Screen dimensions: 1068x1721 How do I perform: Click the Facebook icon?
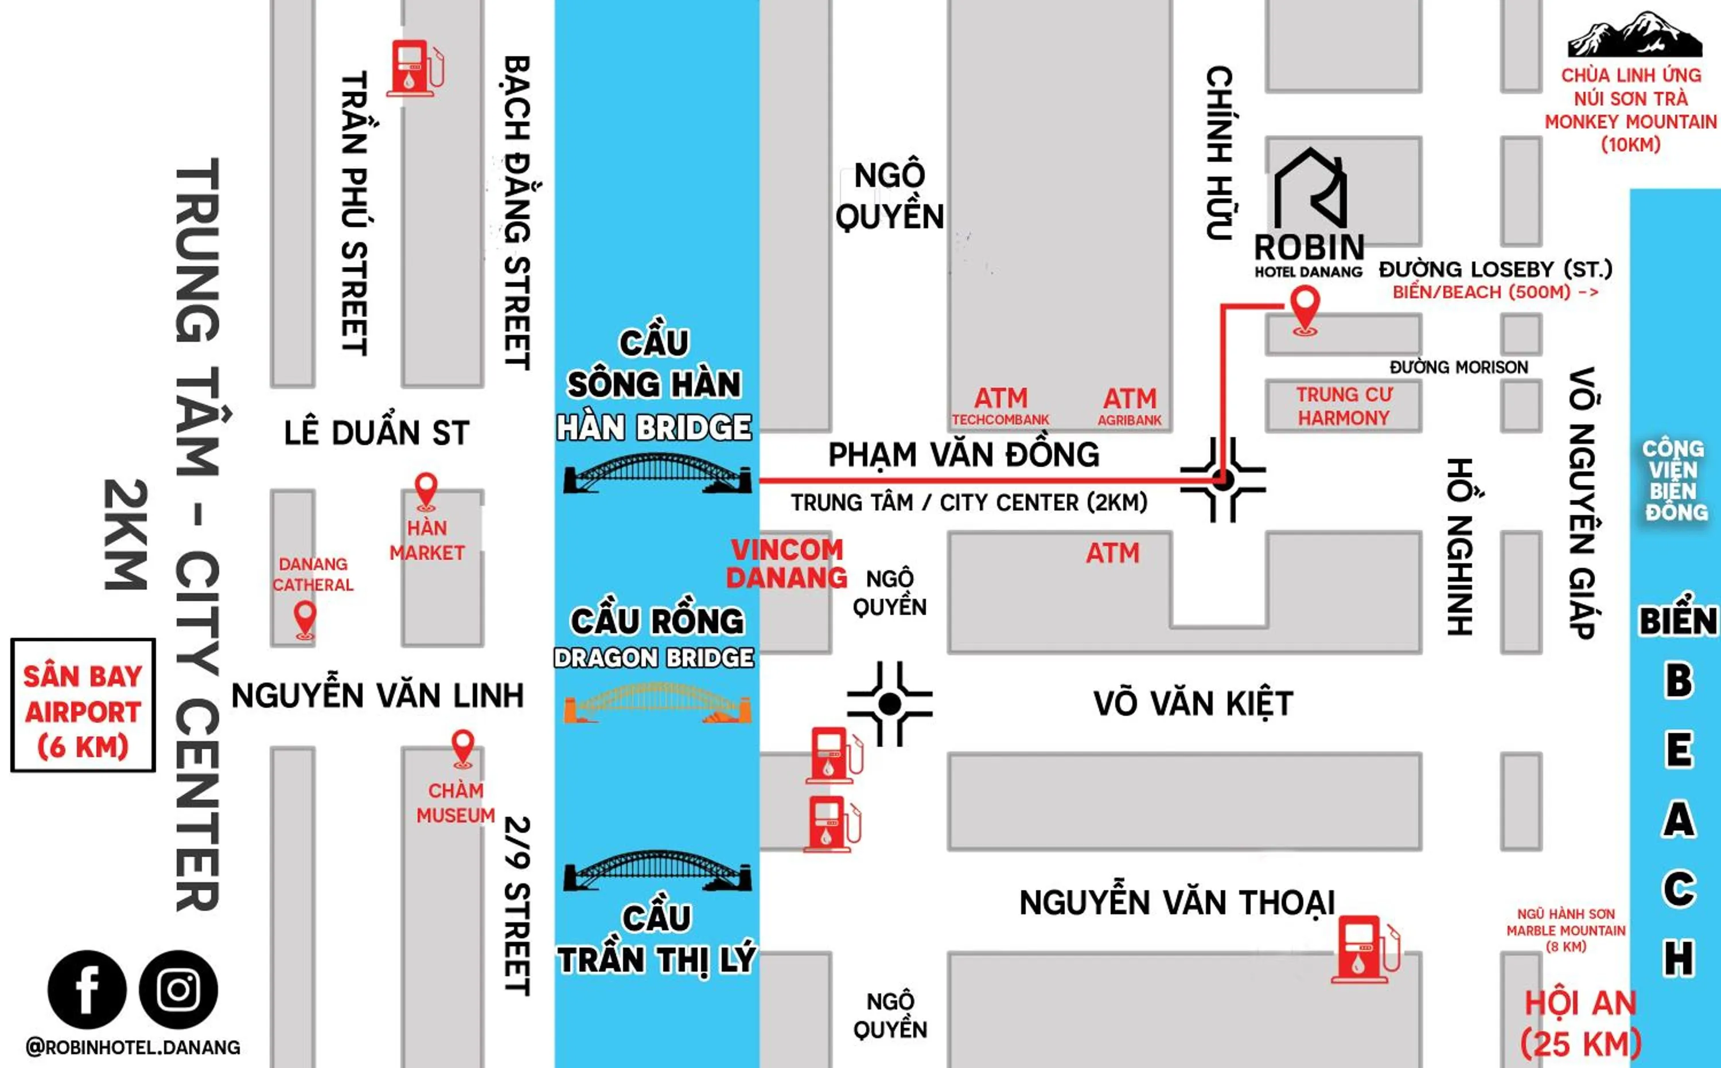(x=87, y=989)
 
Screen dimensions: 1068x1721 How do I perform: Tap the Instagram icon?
(x=178, y=989)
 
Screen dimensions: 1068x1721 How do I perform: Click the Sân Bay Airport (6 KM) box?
(x=83, y=705)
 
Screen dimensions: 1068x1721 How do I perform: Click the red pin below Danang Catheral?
(x=305, y=619)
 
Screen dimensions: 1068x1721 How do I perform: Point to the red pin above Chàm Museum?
(x=463, y=747)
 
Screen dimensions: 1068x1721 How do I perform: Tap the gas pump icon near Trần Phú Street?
(x=415, y=68)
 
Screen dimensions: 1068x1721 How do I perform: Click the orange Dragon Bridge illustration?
(x=657, y=704)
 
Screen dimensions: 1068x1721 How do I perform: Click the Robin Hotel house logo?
(x=1310, y=187)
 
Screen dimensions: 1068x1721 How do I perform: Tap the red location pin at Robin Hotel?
(x=1305, y=310)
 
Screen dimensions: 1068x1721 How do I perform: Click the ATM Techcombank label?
(x=1000, y=407)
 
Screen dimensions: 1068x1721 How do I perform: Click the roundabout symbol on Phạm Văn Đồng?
(x=1223, y=480)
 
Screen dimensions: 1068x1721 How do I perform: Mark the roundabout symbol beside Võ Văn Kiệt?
(x=889, y=704)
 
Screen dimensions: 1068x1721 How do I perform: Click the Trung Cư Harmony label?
(x=1344, y=406)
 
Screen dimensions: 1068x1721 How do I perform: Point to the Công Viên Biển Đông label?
(x=1673, y=480)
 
